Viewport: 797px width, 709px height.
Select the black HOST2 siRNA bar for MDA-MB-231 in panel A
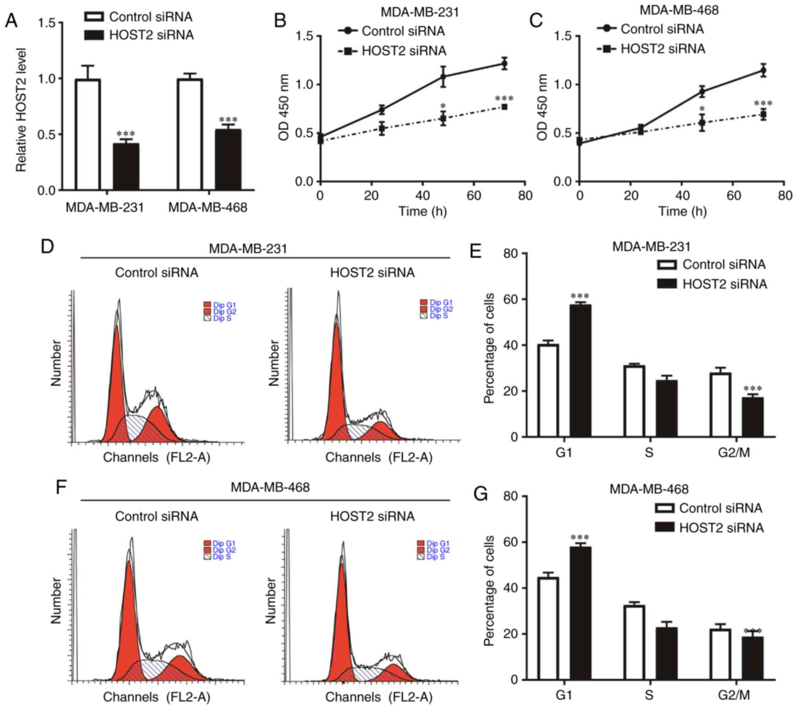point(126,167)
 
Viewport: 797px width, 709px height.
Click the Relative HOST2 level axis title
point(21,110)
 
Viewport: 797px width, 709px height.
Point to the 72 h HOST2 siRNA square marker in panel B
point(504,107)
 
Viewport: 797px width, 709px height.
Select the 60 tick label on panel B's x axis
point(474,195)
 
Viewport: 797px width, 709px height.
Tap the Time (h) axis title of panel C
point(682,211)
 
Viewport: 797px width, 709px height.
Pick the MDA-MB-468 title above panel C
point(679,10)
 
